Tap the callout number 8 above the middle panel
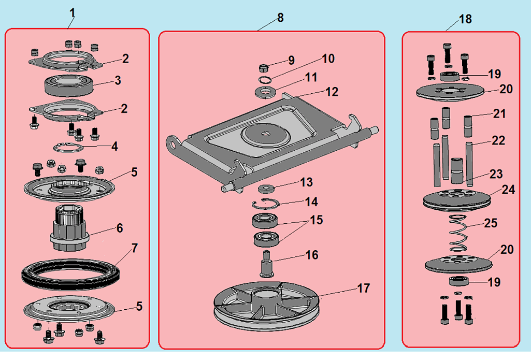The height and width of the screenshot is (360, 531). (x=280, y=18)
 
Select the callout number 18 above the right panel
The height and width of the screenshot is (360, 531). (x=465, y=19)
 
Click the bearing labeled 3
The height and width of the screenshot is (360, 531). (x=68, y=84)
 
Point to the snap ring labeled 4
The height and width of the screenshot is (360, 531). (x=69, y=147)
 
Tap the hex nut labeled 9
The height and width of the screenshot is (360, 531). (x=263, y=68)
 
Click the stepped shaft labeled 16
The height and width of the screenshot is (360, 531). (x=267, y=264)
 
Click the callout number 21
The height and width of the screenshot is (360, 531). (x=499, y=114)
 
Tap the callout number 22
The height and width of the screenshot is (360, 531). (x=498, y=140)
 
